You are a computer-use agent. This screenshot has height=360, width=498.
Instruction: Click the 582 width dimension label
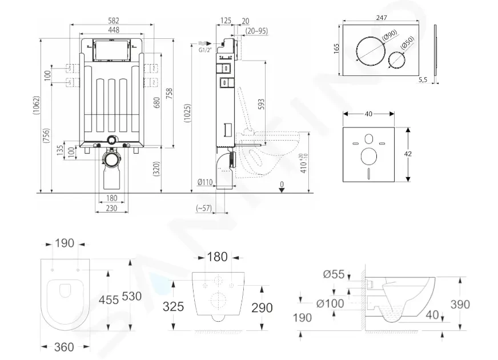pos(114,21)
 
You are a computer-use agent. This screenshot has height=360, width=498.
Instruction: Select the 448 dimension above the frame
pos(114,30)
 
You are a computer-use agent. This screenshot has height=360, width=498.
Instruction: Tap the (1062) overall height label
pos(37,110)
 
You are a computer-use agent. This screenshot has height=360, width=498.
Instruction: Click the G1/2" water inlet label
pos(205,50)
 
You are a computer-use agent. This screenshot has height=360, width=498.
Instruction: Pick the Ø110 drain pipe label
pos(205,182)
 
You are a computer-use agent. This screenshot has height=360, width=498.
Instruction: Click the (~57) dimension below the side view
pos(204,208)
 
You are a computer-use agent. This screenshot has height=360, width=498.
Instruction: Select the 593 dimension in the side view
pos(261,105)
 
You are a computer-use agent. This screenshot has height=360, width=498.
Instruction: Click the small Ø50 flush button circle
pos(397,60)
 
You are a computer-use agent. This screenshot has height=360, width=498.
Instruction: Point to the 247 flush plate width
pos(381,18)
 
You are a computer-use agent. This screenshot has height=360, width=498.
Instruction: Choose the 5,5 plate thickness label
pos(423,80)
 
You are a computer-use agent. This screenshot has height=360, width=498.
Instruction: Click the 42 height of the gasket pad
pos(408,154)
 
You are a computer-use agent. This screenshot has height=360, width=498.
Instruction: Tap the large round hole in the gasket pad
pos(369,157)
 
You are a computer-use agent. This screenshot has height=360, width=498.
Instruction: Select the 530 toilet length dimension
pos(131,297)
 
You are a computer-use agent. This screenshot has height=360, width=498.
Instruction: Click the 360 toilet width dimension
pos(64,347)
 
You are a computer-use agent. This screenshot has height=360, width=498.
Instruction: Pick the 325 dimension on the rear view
pos(173,307)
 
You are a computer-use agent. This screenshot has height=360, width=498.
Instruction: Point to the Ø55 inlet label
pos(334,274)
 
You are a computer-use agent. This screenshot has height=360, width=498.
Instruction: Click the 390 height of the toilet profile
pos(460,305)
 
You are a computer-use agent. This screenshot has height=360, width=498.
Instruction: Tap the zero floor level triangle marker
pos(282,190)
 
